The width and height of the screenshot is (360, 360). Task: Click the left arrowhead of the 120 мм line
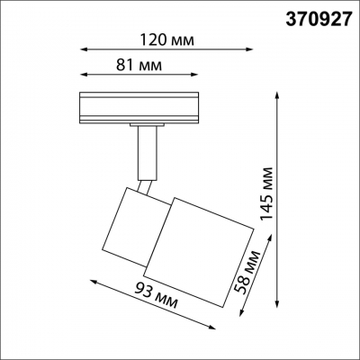click(x=82, y=51)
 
